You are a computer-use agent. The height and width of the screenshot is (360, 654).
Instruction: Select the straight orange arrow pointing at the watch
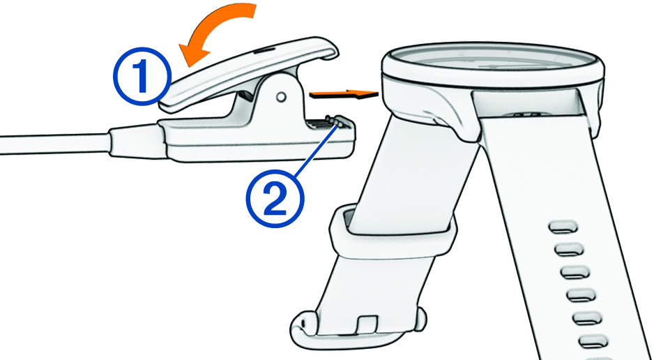[344, 95]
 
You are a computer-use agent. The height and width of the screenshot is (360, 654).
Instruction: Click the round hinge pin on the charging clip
[282, 97]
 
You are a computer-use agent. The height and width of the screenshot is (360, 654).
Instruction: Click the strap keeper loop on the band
[392, 232]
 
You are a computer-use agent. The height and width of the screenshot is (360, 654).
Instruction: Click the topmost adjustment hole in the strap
[564, 227]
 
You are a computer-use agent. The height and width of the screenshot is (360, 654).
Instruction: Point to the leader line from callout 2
[316, 151]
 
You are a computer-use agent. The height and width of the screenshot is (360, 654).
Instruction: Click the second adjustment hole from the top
[569, 250]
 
